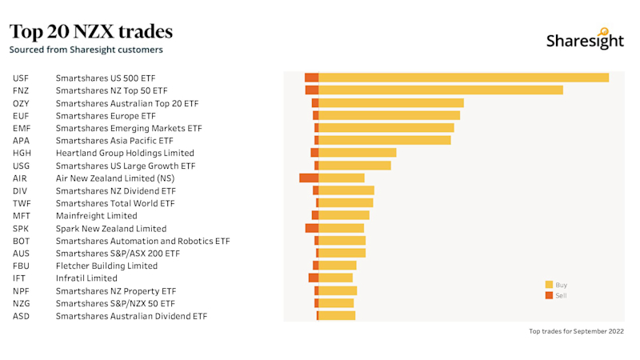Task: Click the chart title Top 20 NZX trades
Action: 91,32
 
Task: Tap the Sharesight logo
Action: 585,40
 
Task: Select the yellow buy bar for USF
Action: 463,78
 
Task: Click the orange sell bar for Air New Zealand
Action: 309,178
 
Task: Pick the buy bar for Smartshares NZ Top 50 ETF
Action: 441,90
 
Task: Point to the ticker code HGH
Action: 22,153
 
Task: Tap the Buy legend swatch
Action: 549,285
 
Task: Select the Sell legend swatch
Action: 549,295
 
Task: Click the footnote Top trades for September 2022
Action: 576,331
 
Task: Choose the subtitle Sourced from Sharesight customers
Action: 86,50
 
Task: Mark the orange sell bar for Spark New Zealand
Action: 312,228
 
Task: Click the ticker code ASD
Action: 22,316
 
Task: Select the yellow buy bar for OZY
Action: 391,103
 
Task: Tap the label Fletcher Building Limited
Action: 106,266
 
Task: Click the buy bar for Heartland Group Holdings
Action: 358,153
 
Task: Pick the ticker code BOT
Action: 22,241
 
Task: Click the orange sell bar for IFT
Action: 314,278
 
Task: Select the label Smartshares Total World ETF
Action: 115,203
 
